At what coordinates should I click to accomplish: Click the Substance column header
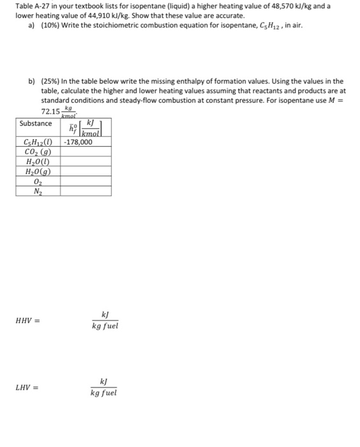pos(36,123)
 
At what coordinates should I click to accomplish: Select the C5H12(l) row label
pos(38,142)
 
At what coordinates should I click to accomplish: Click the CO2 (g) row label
pos(38,152)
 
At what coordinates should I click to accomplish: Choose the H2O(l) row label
pos(38,162)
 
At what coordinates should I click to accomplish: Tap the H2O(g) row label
pos(38,171)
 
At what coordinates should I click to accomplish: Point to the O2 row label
pos(38,181)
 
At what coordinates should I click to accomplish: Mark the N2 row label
pos(38,191)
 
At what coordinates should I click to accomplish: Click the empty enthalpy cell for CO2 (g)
pos(86,152)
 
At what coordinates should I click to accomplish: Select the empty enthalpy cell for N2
pos(86,191)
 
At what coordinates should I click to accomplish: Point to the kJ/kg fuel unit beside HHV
pos(105,321)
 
